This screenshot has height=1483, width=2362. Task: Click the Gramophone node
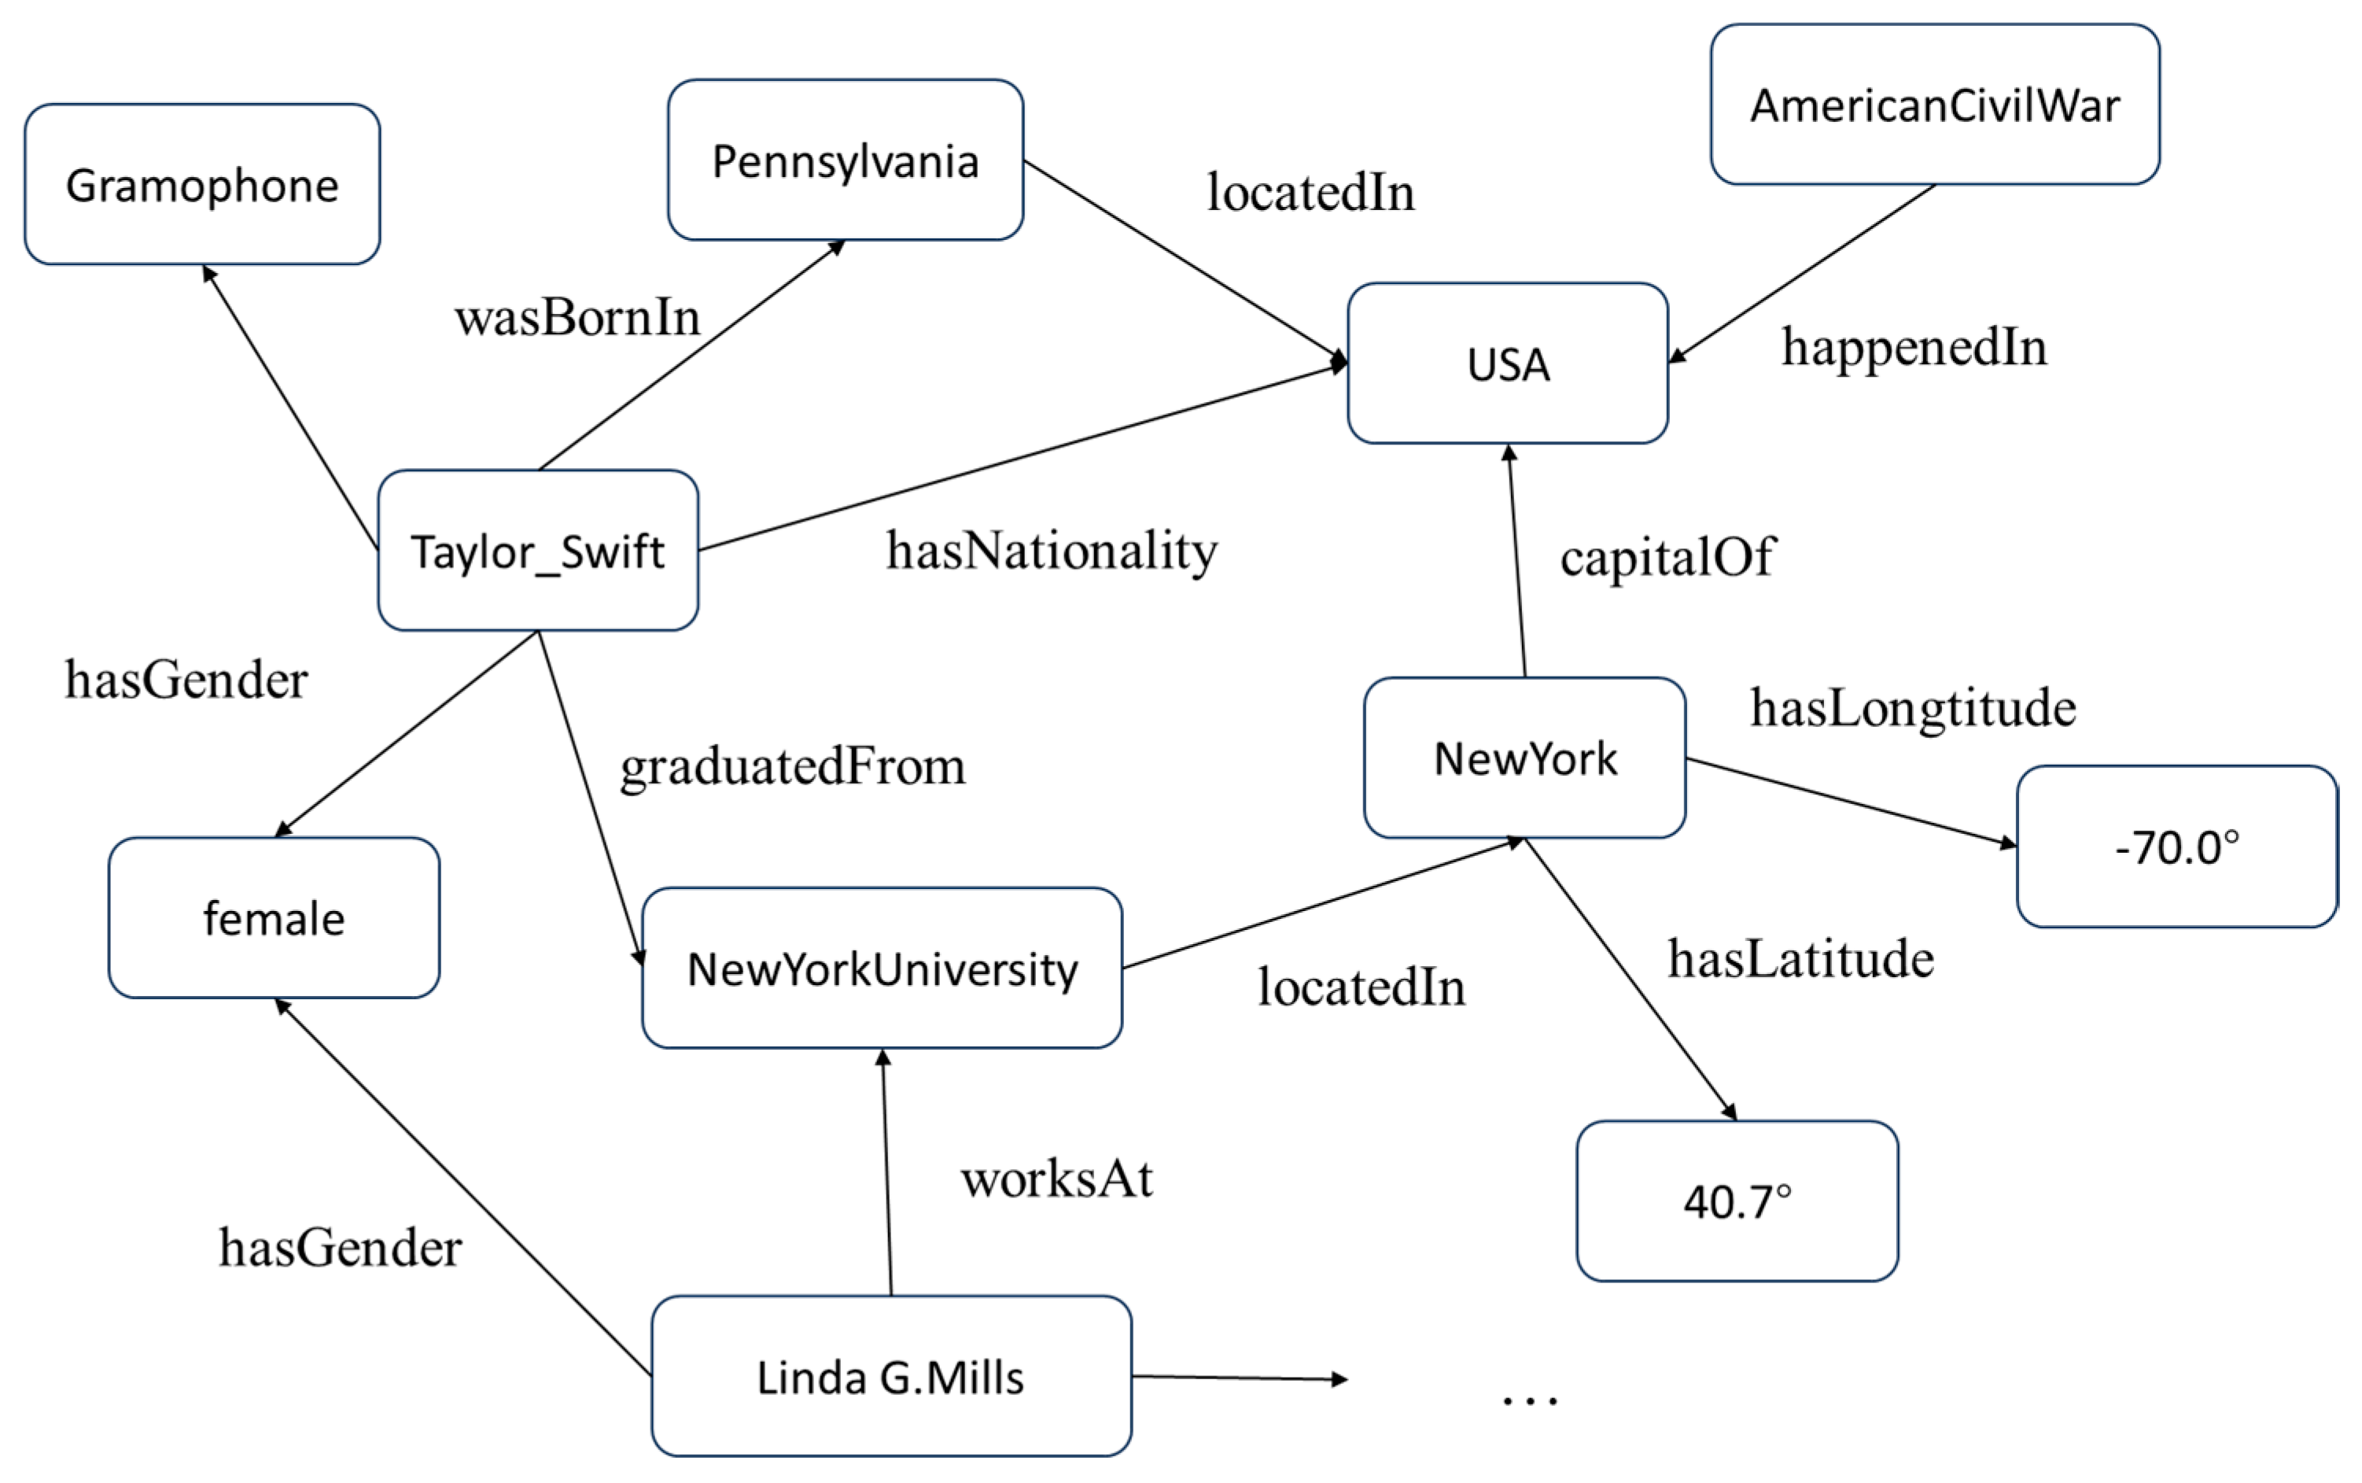[202, 184]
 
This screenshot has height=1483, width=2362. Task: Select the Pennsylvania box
[846, 160]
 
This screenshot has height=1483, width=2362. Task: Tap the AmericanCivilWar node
[1933, 105]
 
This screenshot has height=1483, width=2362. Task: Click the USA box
[1507, 364]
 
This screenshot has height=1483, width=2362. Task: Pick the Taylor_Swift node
[537, 550]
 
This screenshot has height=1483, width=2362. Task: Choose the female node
[274, 918]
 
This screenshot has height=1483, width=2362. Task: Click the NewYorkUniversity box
[882, 968]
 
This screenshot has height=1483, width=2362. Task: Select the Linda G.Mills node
[890, 1376]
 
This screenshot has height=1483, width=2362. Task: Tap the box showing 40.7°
[1737, 1201]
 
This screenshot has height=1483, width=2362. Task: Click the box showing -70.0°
[2176, 847]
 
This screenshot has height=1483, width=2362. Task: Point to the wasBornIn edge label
[577, 318]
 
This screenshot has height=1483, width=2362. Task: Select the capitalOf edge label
[1667, 557]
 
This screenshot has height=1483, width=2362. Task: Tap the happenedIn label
[1913, 347]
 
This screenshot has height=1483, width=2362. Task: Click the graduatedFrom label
[792, 766]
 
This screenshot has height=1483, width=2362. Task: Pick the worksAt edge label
[1056, 1178]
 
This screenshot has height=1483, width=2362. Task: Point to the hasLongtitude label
[1912, 708]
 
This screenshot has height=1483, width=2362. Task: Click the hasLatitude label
[1800, 958]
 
